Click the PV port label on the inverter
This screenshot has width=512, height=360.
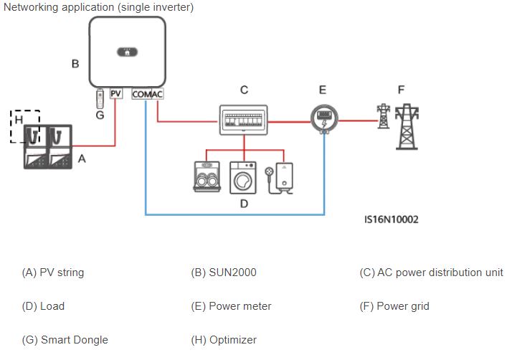point(116,94)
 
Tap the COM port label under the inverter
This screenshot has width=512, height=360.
point(141,94)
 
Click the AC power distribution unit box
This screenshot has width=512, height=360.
point(243,120)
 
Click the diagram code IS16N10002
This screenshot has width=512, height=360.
point(392,219)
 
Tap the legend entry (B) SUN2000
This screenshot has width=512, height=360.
point(223,273)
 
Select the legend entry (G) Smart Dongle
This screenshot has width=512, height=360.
point(65,340)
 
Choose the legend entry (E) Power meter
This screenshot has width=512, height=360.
point(231,306)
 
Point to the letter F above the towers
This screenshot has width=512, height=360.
point(401,90)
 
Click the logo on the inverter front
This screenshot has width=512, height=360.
point(128,52)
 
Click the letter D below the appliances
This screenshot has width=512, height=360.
point(243,204)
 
